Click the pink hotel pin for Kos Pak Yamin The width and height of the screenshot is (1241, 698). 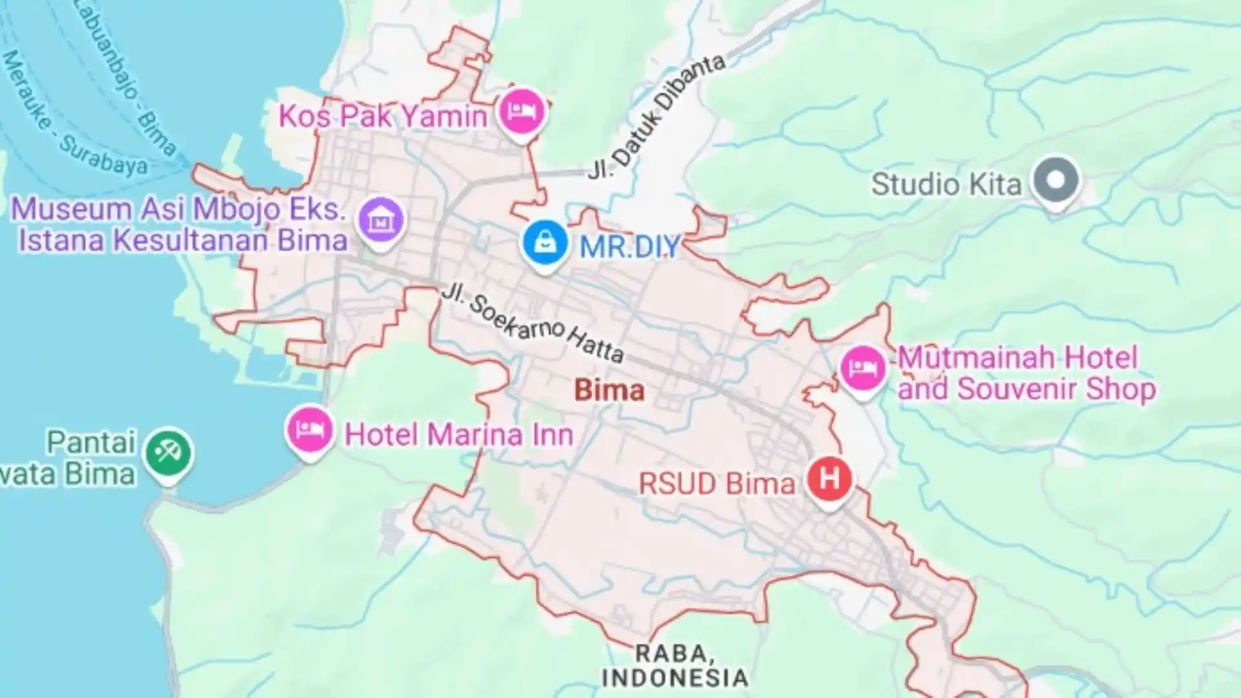click(522, 112)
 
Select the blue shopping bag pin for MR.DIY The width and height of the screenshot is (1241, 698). click(546, 244)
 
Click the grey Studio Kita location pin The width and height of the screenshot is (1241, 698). click(1055, 180)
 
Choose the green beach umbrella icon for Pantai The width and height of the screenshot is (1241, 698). click(169, 453)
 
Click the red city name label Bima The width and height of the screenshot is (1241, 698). click(609, 390)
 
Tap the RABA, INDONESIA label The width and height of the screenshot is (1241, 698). click(674, 665)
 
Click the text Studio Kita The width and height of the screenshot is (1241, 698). click(946, 185)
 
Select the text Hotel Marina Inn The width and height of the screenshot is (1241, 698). click(459, 435)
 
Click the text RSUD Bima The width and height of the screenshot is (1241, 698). click(716, 484)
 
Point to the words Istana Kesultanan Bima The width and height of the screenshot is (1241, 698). click(184, 241)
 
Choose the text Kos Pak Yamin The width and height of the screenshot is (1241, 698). click(383, 116)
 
